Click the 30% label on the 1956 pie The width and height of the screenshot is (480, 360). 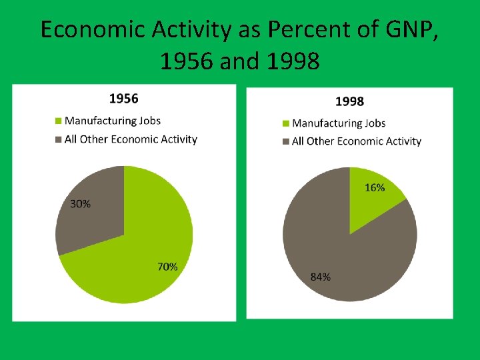point(81,204)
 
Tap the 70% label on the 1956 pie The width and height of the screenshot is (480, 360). point(167,267)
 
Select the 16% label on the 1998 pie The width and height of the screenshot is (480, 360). point(375,188)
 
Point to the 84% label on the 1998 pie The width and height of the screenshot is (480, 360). point(321,277)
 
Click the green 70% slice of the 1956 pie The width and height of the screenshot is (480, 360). point(140,253)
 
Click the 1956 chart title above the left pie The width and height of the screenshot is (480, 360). point(123,99)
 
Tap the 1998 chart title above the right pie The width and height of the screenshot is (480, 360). point(349,101)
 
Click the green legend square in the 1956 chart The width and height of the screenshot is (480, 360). point(58,121)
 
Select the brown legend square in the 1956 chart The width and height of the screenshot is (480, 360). point(58,139)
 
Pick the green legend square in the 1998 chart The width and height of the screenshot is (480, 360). point(286,123)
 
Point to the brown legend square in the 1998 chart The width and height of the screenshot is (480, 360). point(286,141)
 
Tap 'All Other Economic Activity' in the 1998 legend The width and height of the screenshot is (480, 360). point(357,141)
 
